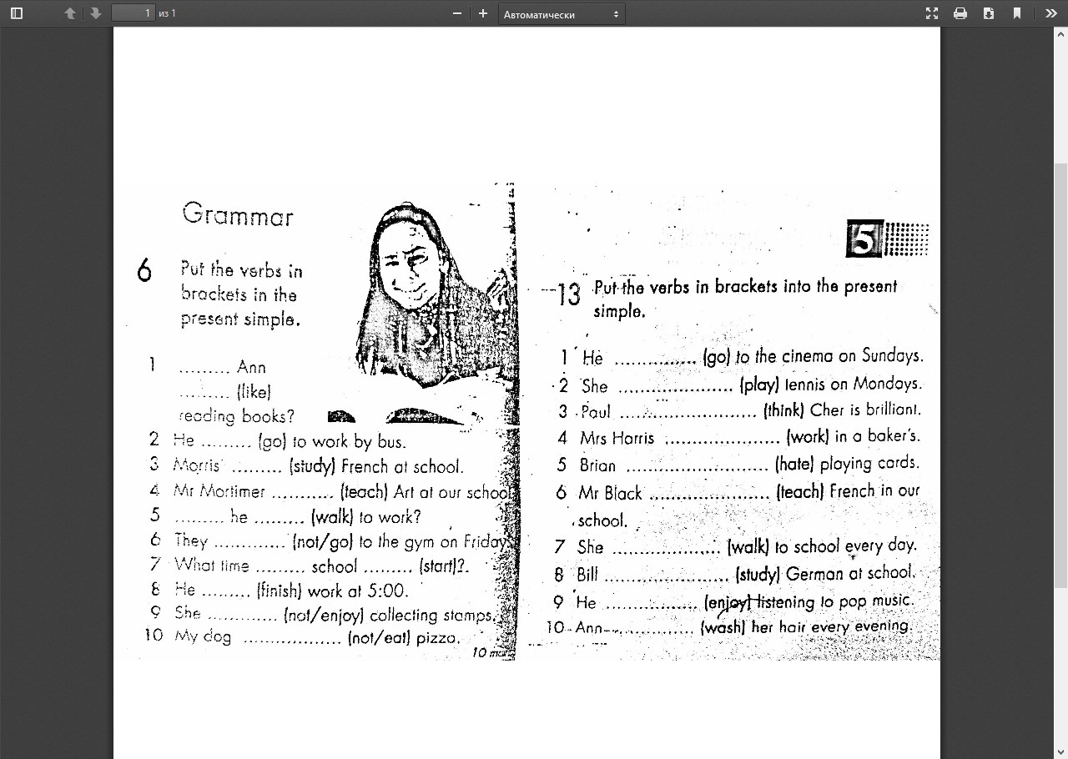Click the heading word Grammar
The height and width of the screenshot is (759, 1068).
[238, 215]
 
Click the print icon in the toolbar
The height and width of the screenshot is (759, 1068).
[960, 13]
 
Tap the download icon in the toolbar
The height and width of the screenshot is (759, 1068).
[989, 13]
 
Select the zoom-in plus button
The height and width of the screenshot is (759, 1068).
[482, 13]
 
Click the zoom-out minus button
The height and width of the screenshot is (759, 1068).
[457, 13]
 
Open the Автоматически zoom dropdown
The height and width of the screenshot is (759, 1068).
[562, 13]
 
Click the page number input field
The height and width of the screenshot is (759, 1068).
[133, 13]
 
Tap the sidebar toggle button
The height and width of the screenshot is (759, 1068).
[17, 13]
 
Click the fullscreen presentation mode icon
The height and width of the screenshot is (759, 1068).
[932, 13]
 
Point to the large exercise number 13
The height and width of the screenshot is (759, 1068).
[568, 294]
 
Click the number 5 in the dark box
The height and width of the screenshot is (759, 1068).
[864, 239]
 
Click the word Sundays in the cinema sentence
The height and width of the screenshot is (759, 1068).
[892, 356]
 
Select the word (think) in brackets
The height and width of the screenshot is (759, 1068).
[783, 410]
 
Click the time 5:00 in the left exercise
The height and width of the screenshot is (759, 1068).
[387, 591]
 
